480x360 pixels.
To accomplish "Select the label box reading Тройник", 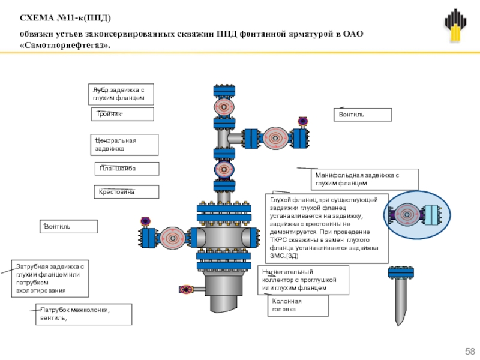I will point(122,114).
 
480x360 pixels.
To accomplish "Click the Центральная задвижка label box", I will point(125,145).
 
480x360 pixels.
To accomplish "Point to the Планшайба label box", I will point(127,169).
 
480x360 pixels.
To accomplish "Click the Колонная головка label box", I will point(298,306).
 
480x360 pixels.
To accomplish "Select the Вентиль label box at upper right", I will point(362,114).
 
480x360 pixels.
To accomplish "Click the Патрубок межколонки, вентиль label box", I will point(83,314).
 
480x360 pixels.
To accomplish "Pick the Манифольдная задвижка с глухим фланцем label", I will point(357,178).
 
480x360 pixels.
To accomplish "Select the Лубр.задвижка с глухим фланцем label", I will point(121,94).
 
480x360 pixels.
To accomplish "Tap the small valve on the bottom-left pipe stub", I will point(187,289).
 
